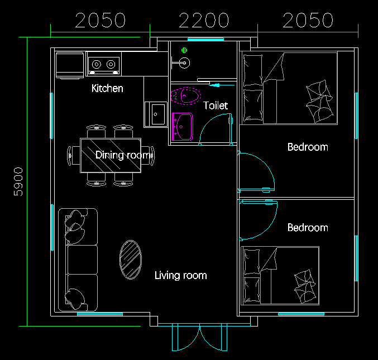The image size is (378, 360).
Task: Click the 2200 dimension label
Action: pos(204,20)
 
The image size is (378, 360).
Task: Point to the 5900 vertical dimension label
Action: pos(18,182)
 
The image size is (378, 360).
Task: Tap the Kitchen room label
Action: pos(107,88)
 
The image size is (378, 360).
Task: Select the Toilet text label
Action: pos(216,105)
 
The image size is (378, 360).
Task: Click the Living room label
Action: pos(181,275)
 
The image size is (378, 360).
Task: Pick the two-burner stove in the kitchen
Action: pos(104,64)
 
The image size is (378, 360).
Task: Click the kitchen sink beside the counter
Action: pos(156,114)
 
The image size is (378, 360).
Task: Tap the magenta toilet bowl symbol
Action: pos(185,96)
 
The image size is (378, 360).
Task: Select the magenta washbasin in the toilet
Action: pos(183,126)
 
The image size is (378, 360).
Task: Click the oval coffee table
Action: pos(131,260)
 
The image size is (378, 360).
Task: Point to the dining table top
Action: pos(111,155)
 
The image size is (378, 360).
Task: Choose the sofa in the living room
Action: pos(78,260)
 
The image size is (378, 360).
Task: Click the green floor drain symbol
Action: pos(184,50)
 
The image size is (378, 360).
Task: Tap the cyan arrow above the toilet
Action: pos(221,85)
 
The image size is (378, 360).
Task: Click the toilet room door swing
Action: pos(208,122)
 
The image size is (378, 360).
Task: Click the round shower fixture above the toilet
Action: pos(185,63)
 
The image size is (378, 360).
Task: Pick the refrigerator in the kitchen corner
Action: pos(70,65)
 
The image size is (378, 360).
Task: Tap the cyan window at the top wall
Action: pos(205,39)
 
